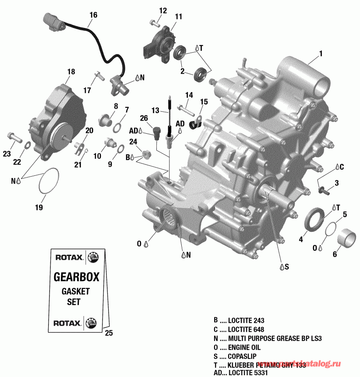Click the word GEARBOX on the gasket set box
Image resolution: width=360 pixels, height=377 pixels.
76,277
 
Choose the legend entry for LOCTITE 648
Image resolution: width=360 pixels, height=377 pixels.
239,329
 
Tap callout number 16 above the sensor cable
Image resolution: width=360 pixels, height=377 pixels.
93,15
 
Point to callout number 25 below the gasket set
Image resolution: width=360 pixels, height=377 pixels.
109,333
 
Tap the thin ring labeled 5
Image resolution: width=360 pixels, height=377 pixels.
331,229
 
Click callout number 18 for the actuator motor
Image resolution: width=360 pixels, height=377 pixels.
71,71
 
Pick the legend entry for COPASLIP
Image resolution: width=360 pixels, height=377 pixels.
236,356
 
